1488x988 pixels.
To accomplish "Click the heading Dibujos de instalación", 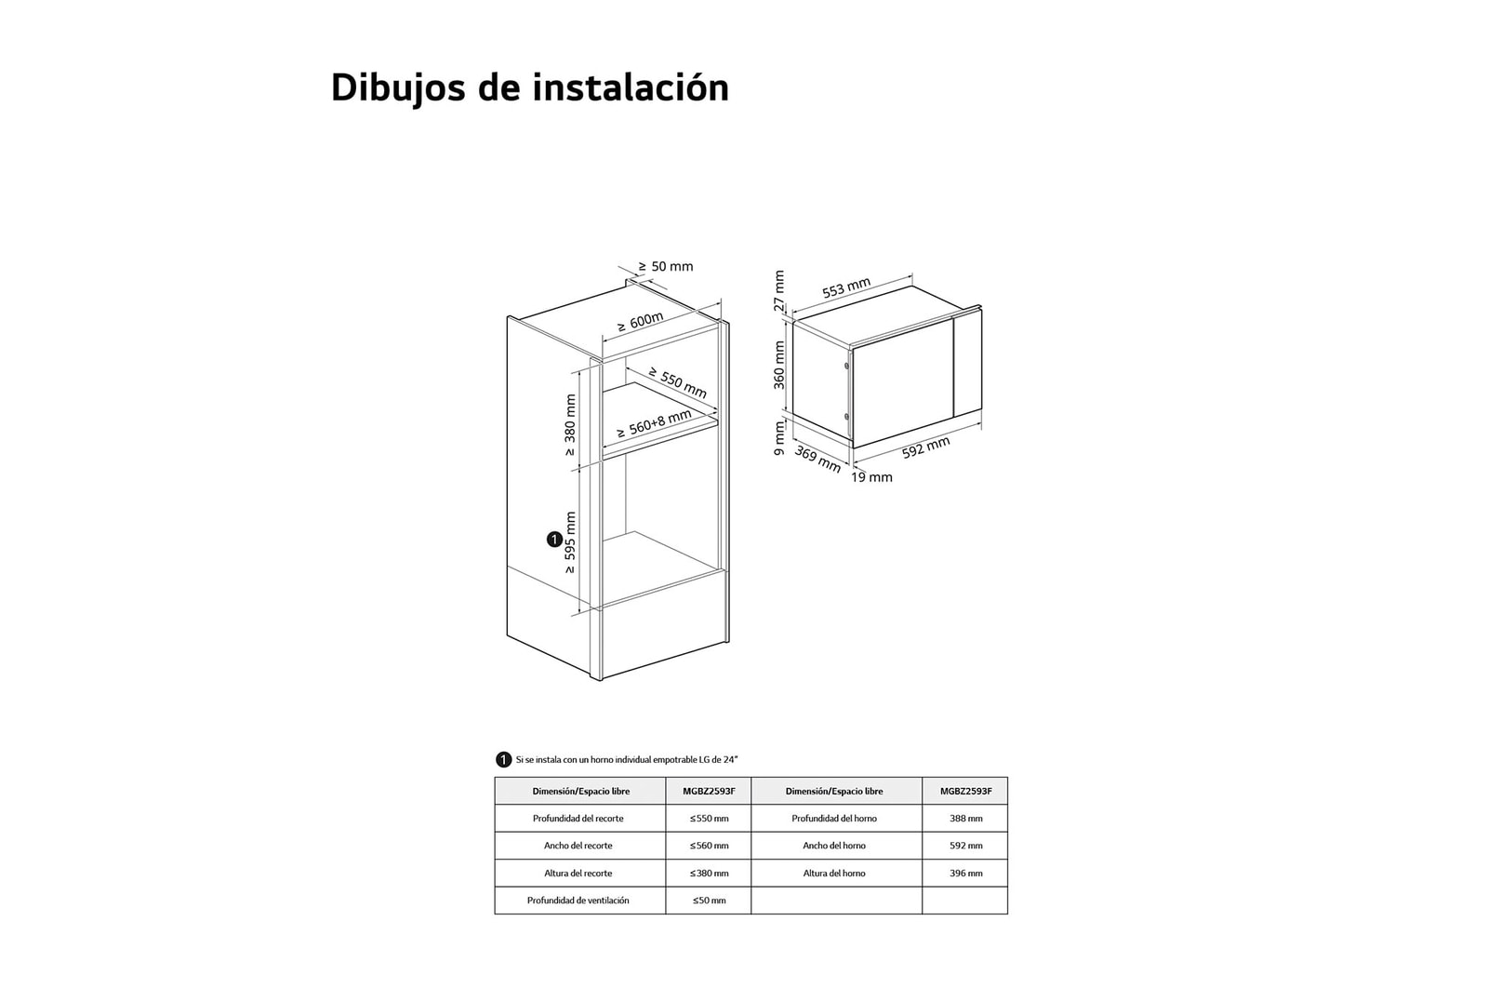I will [529, 87].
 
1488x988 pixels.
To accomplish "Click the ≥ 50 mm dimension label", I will [666, 267].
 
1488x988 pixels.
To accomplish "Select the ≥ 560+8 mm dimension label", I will [654, 424].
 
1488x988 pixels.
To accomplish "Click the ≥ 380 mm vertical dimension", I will [570, 425].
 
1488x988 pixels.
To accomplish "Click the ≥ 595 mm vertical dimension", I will [570, 542].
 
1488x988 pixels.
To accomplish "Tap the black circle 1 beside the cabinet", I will [554, 540].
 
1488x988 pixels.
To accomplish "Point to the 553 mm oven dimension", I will [845, 288].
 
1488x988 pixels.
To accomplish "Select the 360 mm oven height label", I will [779, 365].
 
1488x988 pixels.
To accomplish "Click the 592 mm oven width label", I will [925, 447].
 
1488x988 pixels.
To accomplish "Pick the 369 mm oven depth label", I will [817, 459].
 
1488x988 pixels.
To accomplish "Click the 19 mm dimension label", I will [871, 477].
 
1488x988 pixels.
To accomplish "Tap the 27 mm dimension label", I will [779, 291].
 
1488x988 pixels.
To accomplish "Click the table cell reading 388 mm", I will [965, 819].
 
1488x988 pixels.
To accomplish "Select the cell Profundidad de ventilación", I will [578, 901].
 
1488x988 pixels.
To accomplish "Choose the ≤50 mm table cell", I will [709, 901].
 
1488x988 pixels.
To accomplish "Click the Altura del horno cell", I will [834, 874].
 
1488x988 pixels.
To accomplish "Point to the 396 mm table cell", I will [965, 874].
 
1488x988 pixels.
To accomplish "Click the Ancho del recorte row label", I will [578, 846].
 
